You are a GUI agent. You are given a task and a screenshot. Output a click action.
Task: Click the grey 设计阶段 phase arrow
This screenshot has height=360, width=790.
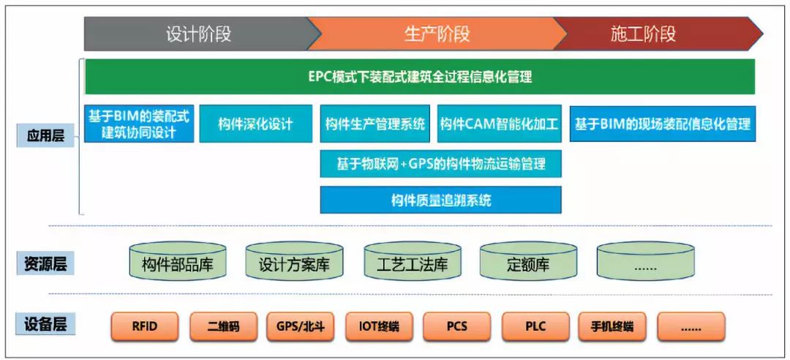[199, 34]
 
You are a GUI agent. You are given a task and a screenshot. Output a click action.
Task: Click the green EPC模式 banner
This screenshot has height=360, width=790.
[420, 77]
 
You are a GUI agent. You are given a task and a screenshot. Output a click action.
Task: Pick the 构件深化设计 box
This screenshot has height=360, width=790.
[255, 124]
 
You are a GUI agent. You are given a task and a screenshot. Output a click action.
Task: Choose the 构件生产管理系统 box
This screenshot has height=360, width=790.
[375, 124]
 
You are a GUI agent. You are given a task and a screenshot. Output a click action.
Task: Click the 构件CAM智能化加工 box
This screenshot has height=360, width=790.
[500, 124]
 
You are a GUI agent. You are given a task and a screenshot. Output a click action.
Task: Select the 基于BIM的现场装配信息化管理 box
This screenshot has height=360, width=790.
[663, 124]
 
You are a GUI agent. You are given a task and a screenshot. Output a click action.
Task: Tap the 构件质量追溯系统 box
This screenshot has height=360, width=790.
[441, 200]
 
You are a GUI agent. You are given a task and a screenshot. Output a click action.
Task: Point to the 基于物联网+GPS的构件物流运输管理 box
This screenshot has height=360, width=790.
[441, 164]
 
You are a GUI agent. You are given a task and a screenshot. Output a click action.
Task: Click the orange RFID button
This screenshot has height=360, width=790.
[145, 326]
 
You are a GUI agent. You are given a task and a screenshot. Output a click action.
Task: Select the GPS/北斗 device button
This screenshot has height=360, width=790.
[301, 326]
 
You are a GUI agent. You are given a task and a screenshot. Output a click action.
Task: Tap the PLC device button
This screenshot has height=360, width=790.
[535, 326]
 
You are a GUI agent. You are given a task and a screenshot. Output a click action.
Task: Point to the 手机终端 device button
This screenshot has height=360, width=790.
[613, 326]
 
